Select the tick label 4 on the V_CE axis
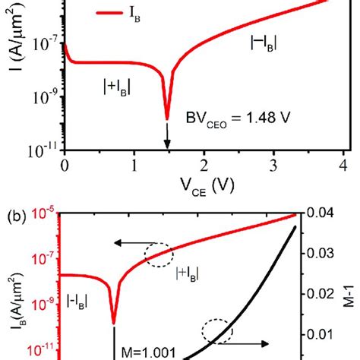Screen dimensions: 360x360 (x=343, y=166)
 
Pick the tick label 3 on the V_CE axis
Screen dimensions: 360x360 (x=273, y=166)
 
